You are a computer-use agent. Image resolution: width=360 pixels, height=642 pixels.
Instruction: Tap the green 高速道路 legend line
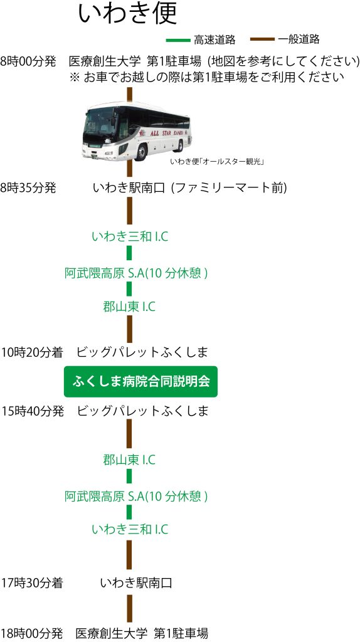point(178,39)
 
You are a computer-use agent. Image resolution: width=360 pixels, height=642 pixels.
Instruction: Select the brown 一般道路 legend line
point(262,39)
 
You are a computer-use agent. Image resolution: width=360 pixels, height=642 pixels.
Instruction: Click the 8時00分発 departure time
point(28,62)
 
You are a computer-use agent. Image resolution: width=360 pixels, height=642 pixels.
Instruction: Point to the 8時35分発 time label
point(28,188)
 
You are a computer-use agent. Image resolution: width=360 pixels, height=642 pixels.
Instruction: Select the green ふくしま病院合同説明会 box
point(140,382)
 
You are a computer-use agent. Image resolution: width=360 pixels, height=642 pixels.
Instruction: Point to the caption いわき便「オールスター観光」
point(217,162)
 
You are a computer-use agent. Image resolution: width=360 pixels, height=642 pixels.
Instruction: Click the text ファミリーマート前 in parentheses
point(228,188)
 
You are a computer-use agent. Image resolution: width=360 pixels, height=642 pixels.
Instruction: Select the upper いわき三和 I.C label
point(130,236)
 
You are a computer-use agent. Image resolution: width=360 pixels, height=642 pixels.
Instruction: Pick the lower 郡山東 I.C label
point(129,460)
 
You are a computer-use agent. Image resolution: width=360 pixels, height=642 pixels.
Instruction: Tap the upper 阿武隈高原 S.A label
point(136,273)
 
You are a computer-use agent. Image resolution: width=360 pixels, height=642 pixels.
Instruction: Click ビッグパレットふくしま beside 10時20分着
point(143,352)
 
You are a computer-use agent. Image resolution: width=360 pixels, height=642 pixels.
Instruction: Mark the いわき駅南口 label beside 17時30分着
point(136,582)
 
